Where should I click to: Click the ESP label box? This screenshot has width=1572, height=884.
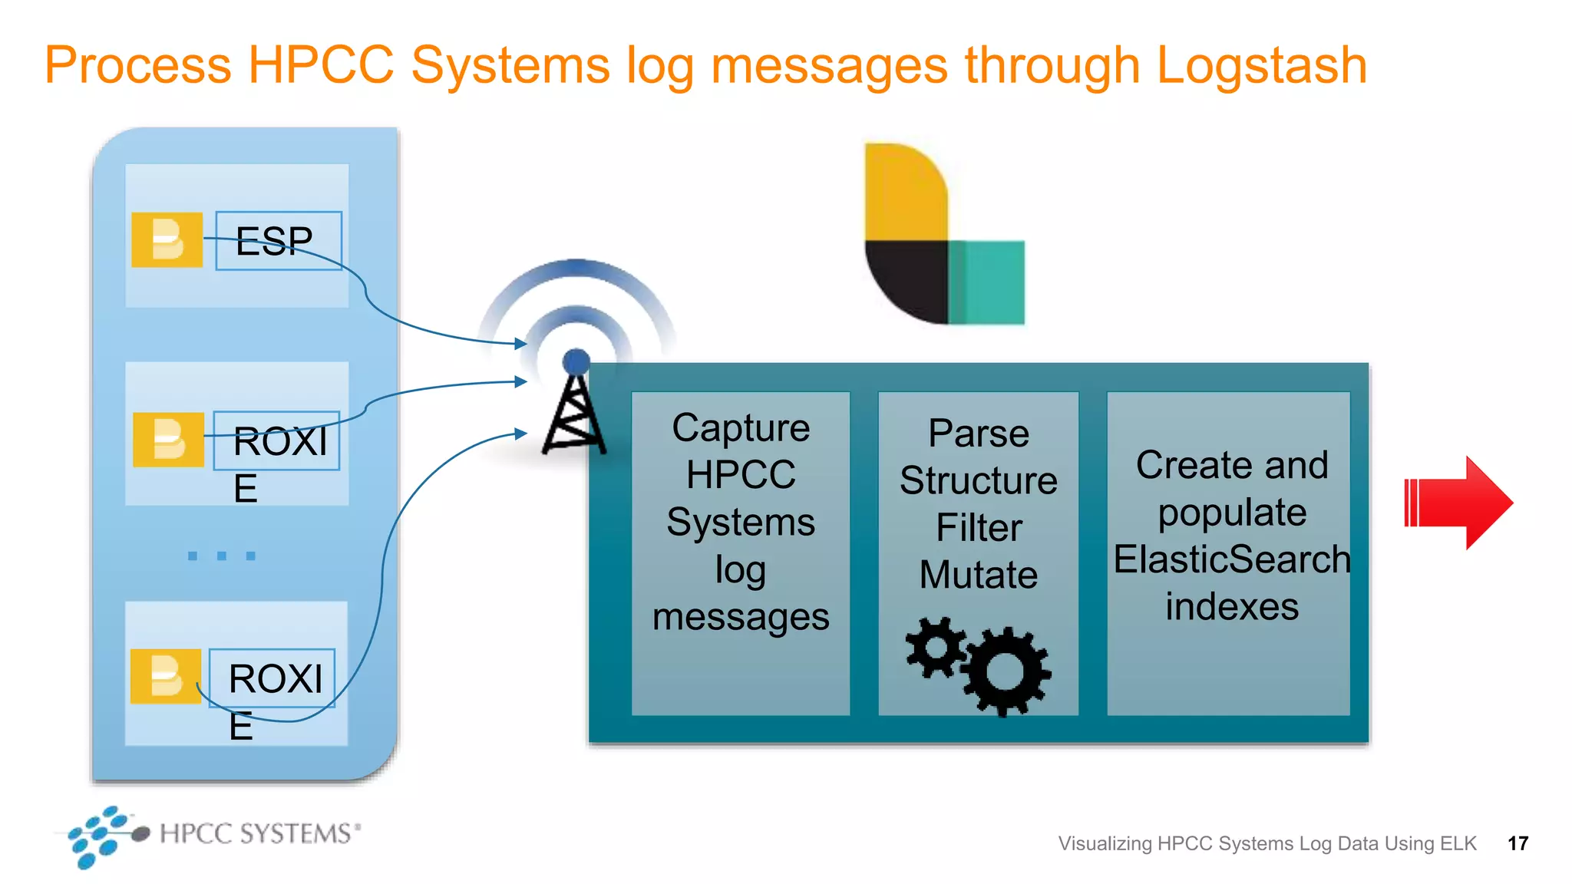pyautogui.click(x=278, y=241)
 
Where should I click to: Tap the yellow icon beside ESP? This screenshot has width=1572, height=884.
pyautogui.click(x=167, y=240)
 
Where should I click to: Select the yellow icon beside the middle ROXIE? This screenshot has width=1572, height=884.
pyautogui.click(x=168, y=440)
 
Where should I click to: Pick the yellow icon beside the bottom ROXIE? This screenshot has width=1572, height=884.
pyautogui.click(x=165, y=677)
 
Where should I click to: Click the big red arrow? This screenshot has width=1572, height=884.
pyautogui.click(x=1458, y=503)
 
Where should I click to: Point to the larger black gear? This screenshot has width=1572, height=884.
pyautogui.click(x=1006, y=671)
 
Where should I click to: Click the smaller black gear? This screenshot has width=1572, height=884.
pyautogui.click(x=936, y=647)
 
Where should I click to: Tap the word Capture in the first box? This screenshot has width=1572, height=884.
pyautogui.click(x=741, y=428)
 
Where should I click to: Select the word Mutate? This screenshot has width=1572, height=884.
pyautogui.click(x=979, y=575)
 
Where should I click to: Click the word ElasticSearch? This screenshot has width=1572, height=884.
pyautogui.click(x=1231, y=559)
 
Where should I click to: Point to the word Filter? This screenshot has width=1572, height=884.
pyautogui.click(x=979, y=528)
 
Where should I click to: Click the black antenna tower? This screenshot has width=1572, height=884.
pyautogui.click(x=574, y=414)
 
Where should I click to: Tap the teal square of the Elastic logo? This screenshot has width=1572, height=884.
pyautogui.click(x=987, y=282)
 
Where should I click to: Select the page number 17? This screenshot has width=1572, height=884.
pyautogui.click(x=1518, y=843)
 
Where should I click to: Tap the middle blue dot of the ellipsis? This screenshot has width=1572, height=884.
pyautogui.click(x=221, y=556)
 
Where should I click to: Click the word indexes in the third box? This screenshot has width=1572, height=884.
pyautogui.click(x=1231, y=606)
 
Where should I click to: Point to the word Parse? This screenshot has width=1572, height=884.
pyautogui.click(x=979, y=434)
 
